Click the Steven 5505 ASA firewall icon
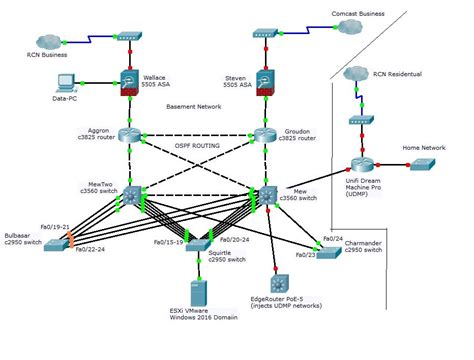pos(263,84)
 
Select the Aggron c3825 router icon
pos(131,137)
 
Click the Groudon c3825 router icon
pos(263,137)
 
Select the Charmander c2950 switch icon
pos(331,240)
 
